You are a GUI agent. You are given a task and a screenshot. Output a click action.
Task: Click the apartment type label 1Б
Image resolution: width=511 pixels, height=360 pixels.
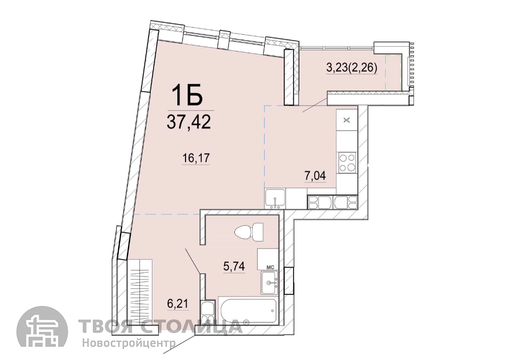(188, 95)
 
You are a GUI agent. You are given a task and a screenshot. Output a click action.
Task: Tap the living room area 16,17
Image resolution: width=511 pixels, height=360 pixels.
(196, 158)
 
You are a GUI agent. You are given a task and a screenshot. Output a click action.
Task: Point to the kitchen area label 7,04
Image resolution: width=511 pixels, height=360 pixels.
(316, 176)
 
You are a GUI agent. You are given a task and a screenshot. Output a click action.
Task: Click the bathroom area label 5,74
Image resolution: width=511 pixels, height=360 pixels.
(234, 267)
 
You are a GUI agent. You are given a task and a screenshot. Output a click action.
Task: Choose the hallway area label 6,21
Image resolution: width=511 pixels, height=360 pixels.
(178, 304)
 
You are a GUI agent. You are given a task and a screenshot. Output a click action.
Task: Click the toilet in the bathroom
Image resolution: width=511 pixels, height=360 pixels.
(250, 232)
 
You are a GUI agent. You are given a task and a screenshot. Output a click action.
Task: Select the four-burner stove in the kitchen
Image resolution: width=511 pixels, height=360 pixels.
(347, 163)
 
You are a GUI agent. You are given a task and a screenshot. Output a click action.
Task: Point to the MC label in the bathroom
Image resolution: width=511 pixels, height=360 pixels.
(271, 267)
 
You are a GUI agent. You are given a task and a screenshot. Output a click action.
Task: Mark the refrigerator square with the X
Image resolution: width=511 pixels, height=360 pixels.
(347, 120)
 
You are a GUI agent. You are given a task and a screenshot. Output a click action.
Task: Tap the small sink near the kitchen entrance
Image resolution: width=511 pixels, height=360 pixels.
(276, 199)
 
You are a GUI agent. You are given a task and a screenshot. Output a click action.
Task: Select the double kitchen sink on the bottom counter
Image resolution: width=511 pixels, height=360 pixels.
(333, 202)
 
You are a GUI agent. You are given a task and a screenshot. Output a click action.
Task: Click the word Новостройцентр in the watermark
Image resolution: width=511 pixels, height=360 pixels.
(129, 343)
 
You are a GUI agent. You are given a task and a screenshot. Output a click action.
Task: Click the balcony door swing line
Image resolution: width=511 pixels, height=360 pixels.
(315, 104)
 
